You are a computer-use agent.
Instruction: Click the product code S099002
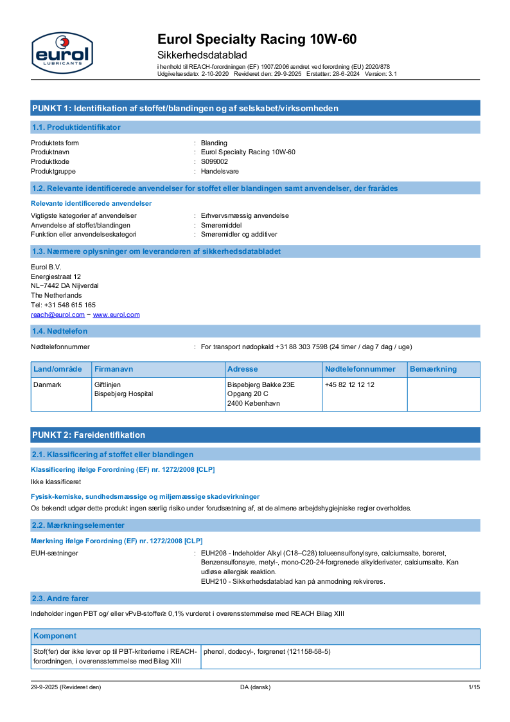pyautogui.click(x=215, y=162)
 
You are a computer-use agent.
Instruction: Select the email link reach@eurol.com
pyautogui.click(x=58, y=315)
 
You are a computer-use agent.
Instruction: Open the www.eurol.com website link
pyautogui.click(x=116, y=315)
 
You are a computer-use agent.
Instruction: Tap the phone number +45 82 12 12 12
pyautogui.click(x=349, y=384)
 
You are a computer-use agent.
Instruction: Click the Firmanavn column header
pyautogui.click(x=114, y=369)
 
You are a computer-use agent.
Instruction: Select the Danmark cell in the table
pyautogui.click(x=47, y=384)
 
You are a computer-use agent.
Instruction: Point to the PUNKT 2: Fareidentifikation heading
pyautogui.click(x=89, y=435)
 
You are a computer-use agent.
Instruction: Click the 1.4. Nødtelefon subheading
pyautogui.click(x=60, y=331)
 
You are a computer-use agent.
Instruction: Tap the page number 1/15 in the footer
pyautogui.click(x=474, y=687)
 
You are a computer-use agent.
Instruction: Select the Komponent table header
pyautogui.click(x=55, y=636)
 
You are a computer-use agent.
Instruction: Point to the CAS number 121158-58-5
pyautogui.click(x=308, y=651)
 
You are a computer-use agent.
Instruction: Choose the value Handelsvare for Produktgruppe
pyautogui.click(x=220, y=172)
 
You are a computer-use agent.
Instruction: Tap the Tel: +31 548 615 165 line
pyautogui.click(x=64, y=305)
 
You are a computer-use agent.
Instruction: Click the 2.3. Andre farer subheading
pyautogui.click(x=60, y=599)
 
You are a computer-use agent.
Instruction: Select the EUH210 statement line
pyautogui.click(x=293, y=582)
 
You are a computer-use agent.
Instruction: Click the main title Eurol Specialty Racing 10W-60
pyautogui.click(x=257, y=39)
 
